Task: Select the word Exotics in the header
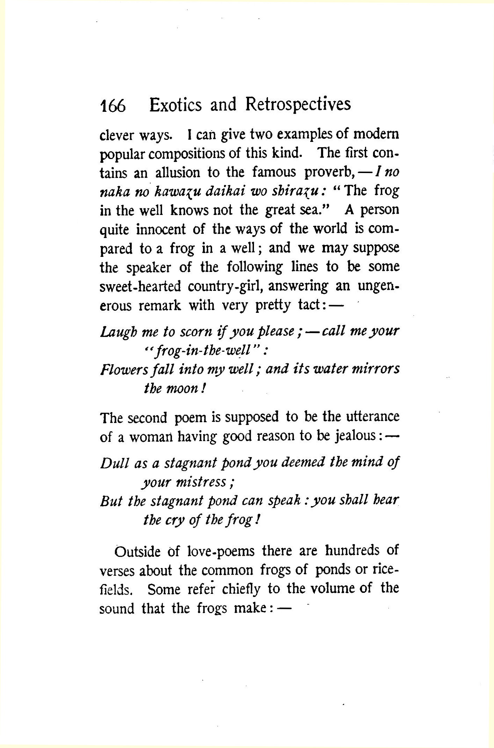pyautogui.click(x=175, y=105)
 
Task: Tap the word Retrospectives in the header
pyautogui.click(x=298, y=105)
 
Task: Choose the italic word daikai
pyautogui.click(x=225, y=191)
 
